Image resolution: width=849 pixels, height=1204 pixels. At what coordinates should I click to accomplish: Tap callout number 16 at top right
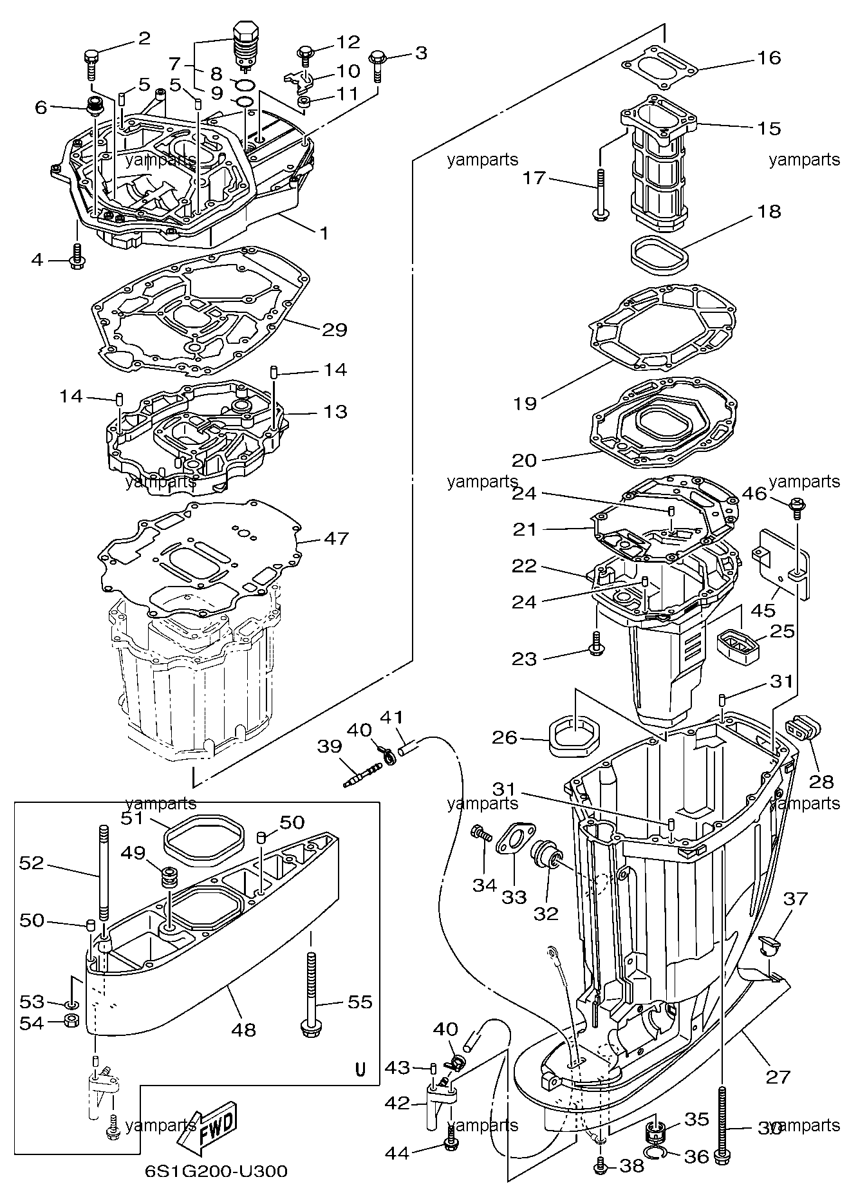pos(769,58)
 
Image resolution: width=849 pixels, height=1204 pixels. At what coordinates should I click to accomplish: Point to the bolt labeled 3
pos(377,65)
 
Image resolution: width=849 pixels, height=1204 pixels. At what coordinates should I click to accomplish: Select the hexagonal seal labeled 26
pos(575,735)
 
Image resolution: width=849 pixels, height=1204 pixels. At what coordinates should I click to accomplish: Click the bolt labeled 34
pos(481,833)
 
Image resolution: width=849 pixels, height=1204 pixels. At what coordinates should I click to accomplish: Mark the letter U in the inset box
pos(360,1069)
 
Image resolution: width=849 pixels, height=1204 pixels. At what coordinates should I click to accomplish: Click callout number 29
pos(335,330)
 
